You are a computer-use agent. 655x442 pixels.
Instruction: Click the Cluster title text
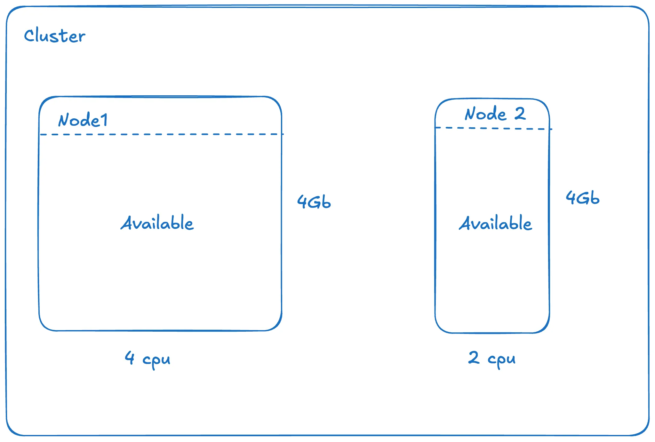coord(55,36)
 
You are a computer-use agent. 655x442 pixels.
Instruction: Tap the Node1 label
coord(83,120)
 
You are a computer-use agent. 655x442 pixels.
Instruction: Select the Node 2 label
coord(495,114)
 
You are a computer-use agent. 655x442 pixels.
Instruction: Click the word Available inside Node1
coord(157,223)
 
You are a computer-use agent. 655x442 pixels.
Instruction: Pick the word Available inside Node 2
coord(495,223)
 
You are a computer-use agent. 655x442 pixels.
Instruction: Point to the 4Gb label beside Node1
coord(314,202)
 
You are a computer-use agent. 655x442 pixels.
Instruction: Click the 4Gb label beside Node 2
coord(582,197)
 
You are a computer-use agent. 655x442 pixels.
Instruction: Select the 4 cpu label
coord(147,359)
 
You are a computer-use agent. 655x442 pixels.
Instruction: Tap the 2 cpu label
coord(492,358)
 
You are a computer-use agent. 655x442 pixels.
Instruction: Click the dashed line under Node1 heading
coord(160,134)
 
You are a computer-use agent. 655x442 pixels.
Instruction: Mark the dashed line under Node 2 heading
coord(493,128)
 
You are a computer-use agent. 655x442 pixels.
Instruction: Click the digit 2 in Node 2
coord(520,113)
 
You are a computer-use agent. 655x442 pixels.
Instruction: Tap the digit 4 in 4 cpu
coord(130,357)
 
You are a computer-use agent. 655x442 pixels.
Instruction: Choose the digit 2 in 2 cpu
coord(474,357)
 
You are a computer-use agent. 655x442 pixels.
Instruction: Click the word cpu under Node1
coord(156,360)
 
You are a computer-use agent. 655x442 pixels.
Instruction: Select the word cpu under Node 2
coord(501,360)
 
